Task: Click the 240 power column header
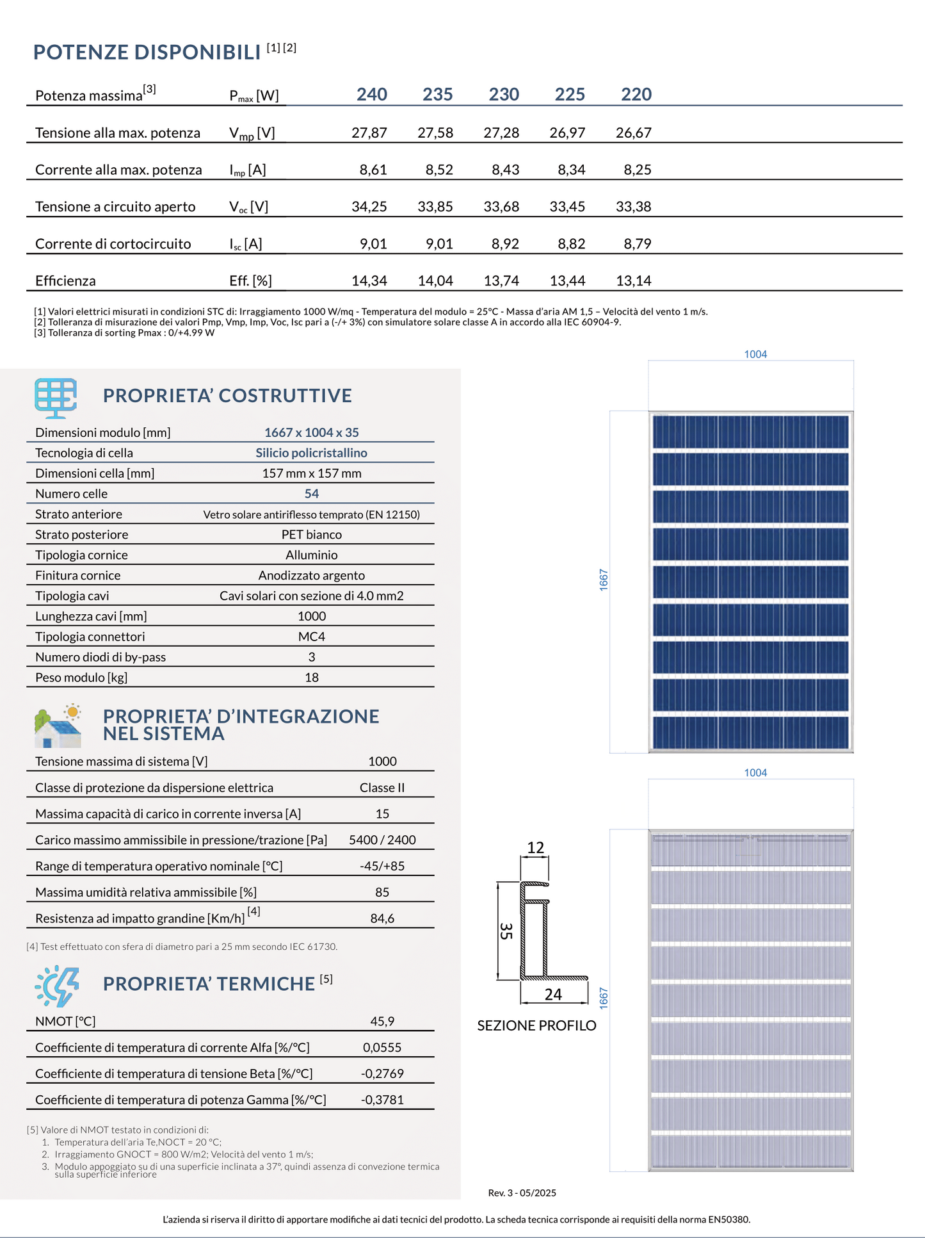(x=371, y=95)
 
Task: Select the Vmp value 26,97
(x=567, y=133)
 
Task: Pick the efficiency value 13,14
(x=633, y=281)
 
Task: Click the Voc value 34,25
(x=369, y=207)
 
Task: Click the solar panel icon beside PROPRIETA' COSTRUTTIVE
(x=56, y=397)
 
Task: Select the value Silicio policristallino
(x=311, y=453)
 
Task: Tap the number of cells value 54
(x=311, y=494)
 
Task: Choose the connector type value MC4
(x=311, y=637)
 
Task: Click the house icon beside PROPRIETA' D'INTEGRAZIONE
(x=58, y=726)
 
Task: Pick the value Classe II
(x=382, y=788)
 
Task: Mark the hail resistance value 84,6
(x=382, y=918)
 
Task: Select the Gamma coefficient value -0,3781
(x=382, y=1100)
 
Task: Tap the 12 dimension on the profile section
(x=535, y=848)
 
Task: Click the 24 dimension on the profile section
(x=553, y=994)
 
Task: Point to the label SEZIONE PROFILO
(x=536, y=1025)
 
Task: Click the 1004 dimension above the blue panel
(x=755, y=354)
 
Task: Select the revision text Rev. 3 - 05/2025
(x=522, y=1193)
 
